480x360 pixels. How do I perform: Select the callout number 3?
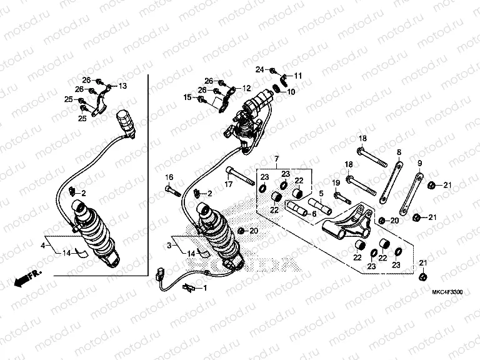coord(168,246)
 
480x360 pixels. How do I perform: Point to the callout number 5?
coord(321,194)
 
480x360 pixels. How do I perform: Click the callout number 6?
coord(314,214)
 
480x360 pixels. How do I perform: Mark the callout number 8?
coord(397,152)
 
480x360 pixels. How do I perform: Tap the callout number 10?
coord(291,92)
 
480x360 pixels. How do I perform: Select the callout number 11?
coord(298,76)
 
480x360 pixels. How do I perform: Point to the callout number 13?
coord(122,86)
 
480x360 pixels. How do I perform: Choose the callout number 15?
coord(187,97)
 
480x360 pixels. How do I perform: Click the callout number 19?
coord(336,182)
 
